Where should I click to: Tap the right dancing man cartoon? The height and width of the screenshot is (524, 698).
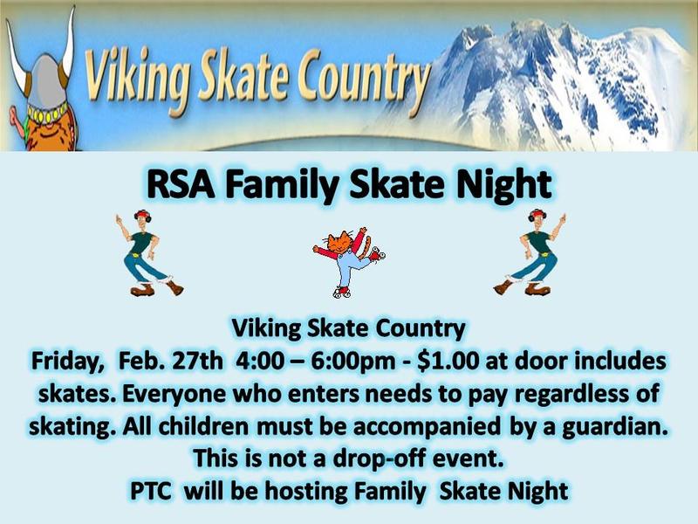pos(531,253)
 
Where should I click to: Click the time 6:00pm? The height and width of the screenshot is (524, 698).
pos(352,362)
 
